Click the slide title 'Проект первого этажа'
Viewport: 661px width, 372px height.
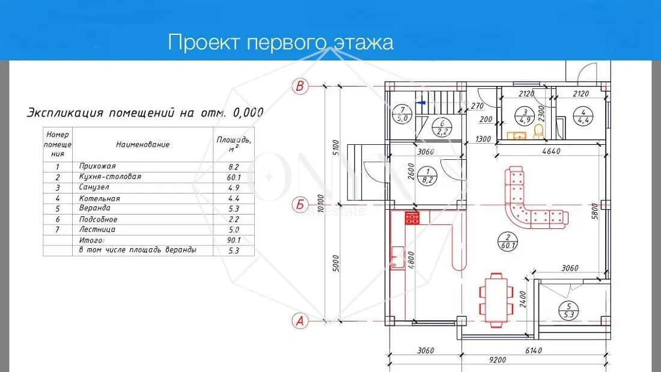click(x=281, y=43)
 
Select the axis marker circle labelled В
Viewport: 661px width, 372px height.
click(x=300, y=86)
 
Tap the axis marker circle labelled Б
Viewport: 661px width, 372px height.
click(x=300, y=205)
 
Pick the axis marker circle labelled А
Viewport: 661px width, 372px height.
click(x=300, y=321)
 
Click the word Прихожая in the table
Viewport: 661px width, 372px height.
click(x=97, y=166)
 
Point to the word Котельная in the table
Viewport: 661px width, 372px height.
click(x=99, y=198)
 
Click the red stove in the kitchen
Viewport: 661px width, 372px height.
click(x=412, y=218)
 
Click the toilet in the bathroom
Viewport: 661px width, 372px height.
click(x=540, y=131)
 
